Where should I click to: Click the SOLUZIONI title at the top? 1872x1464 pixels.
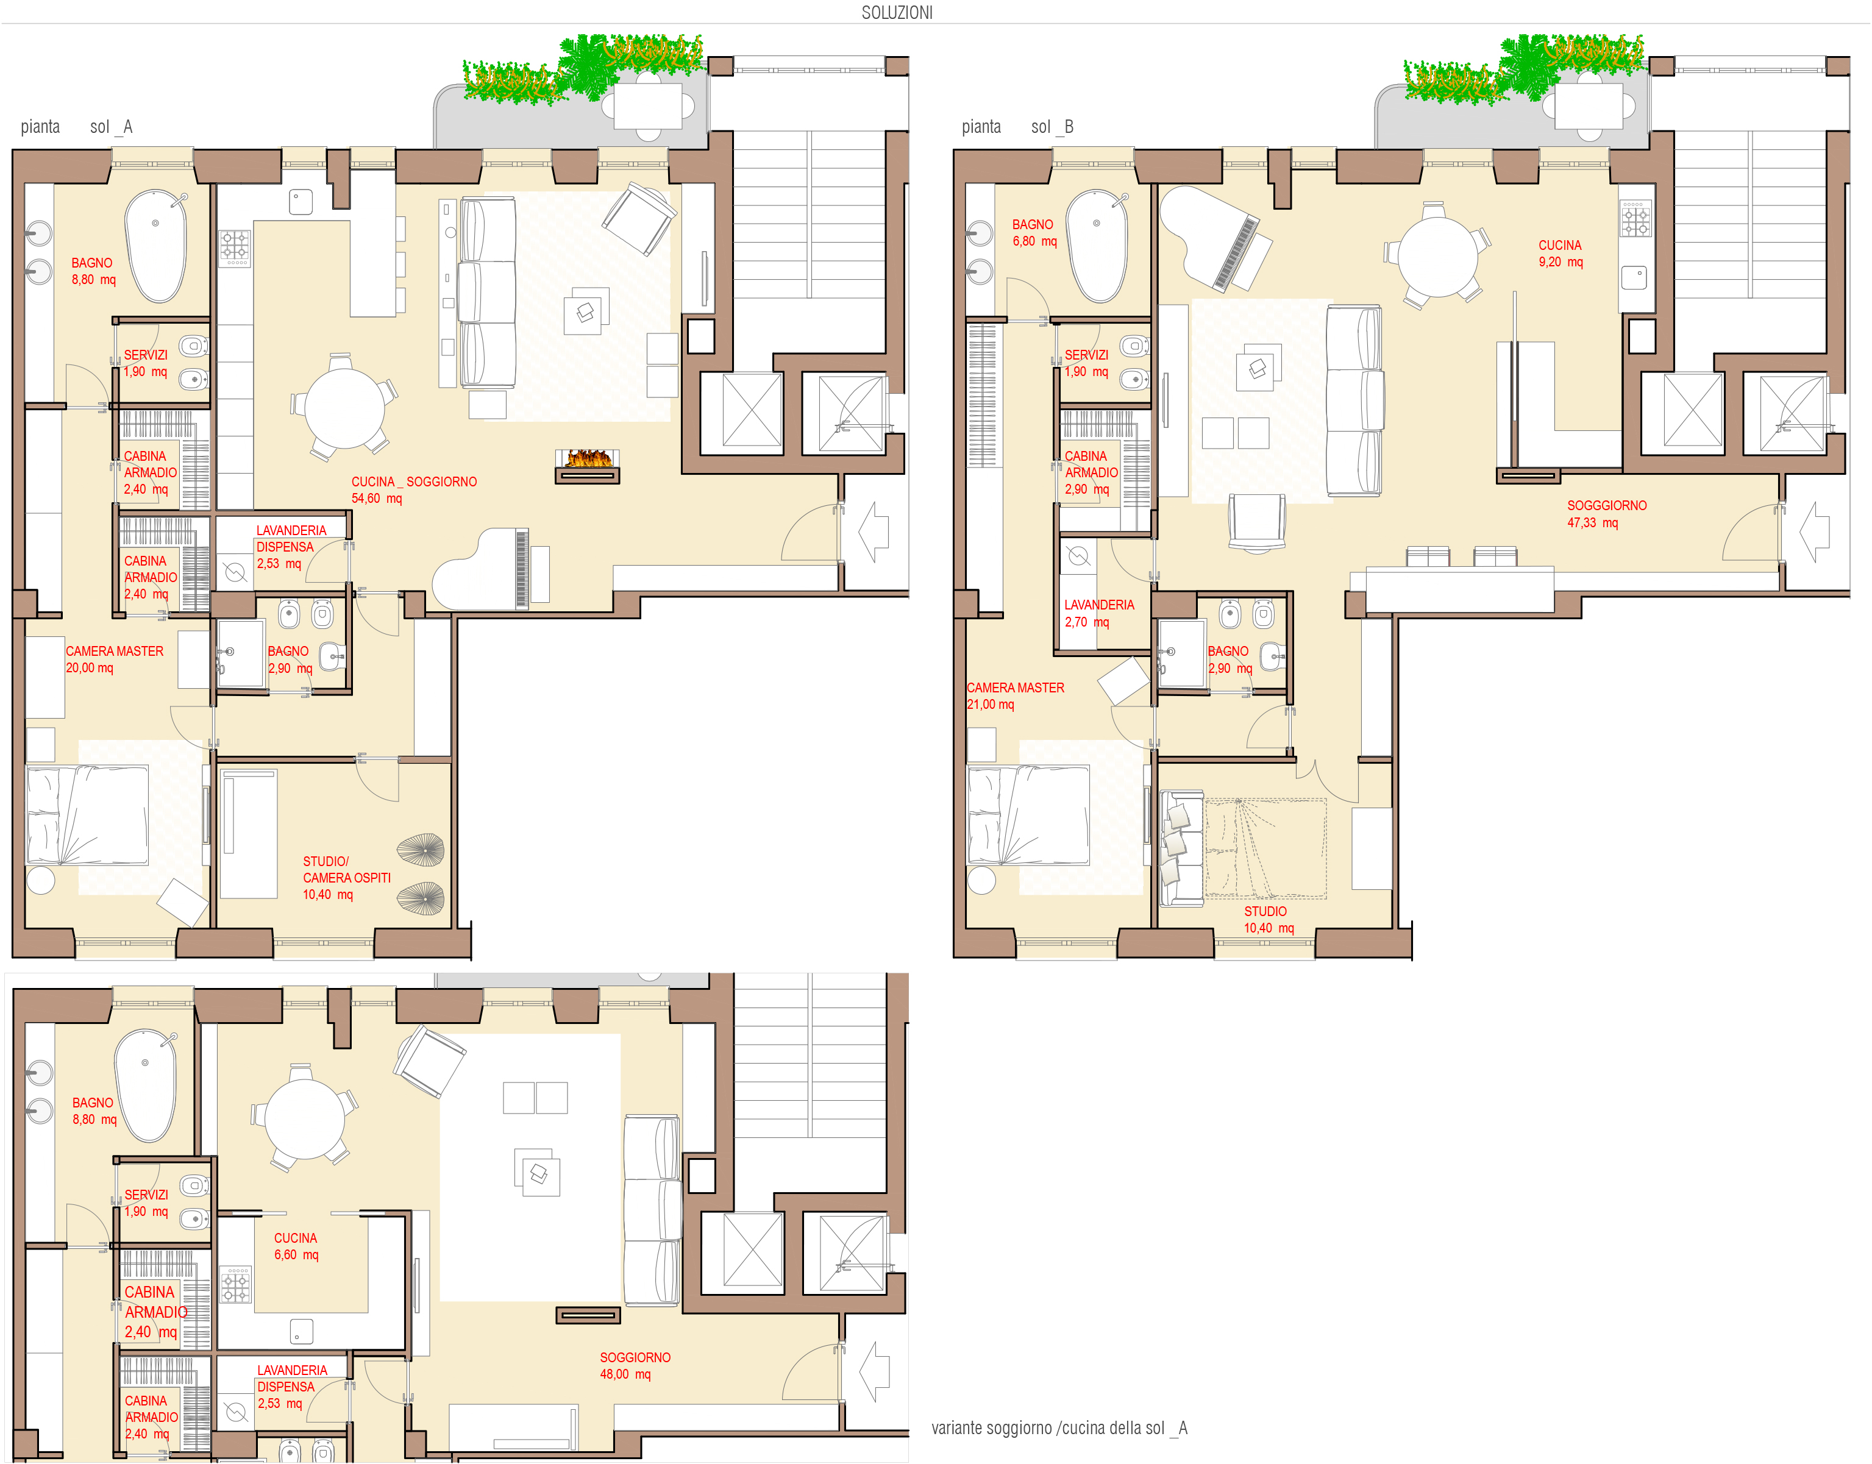(897, 13)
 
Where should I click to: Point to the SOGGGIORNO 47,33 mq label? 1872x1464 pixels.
(1606, 514)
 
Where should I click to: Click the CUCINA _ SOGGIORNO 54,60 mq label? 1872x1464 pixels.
(414, 490)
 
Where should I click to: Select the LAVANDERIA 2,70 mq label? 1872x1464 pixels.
(1099, 614)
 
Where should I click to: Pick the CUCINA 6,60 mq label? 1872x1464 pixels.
(296, 1246)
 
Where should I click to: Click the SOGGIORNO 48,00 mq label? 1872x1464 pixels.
(635, 1365)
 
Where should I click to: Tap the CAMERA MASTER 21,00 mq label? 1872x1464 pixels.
(1016, 696)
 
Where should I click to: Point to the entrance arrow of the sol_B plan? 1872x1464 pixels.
(1815, 532)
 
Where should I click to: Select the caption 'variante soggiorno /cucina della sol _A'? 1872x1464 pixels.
(1059, 1428)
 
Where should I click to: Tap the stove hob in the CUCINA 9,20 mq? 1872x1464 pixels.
(1635, 219)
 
